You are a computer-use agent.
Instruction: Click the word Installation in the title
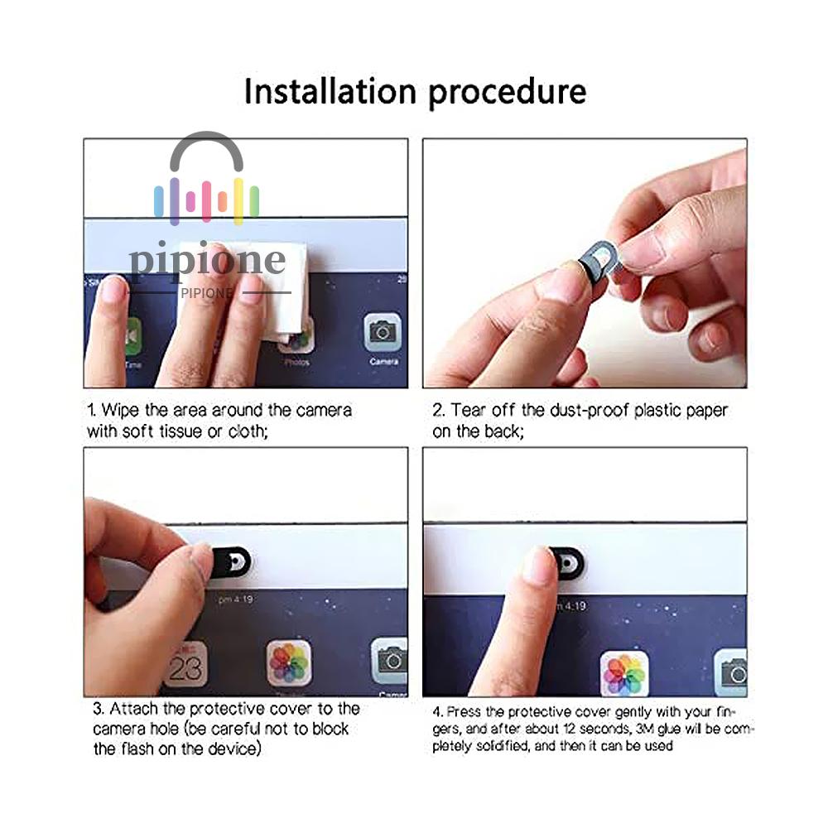tap(330, 91)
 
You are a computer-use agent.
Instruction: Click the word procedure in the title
tap(508, 94)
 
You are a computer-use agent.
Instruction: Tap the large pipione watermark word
tap(208, 260)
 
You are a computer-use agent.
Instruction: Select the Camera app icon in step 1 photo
tap(383, 332)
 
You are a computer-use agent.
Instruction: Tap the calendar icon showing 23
tap(185, 664)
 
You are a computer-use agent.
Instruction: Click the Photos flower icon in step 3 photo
tap(289, 662)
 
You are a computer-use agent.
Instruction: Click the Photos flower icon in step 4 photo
tap(624, 673)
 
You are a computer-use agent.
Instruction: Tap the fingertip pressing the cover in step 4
tap(538, 564)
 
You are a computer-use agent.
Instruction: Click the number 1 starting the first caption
tap(92, 411)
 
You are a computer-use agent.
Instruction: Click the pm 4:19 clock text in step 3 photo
tap(235, 599)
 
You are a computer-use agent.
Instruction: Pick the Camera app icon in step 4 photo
tap(731, 672)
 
